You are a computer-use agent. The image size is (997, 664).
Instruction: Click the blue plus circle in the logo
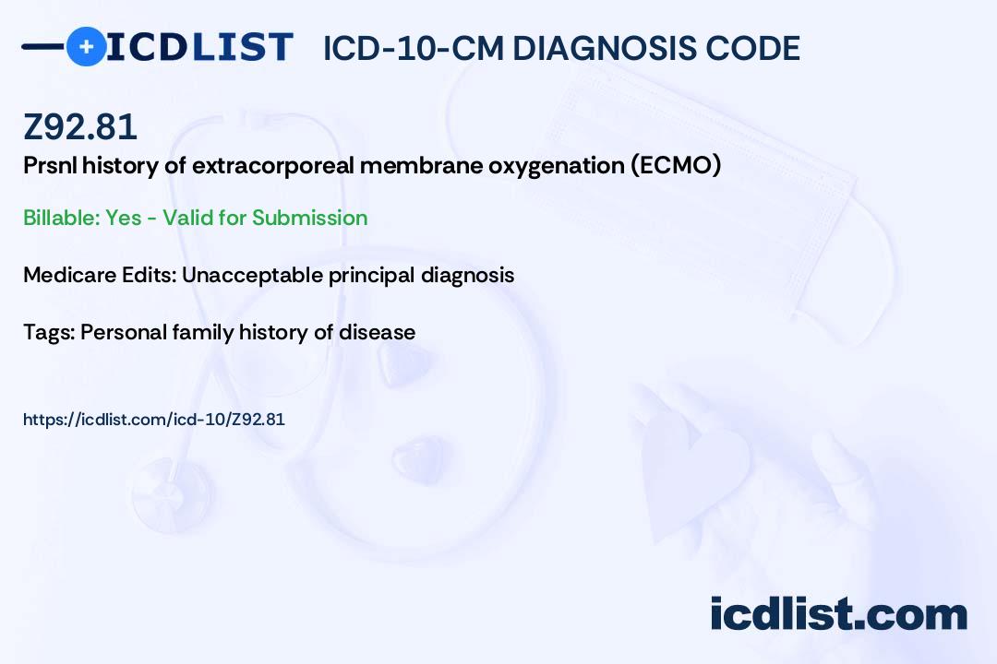tap(86, 46)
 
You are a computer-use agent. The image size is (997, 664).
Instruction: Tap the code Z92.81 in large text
tap(80, 126)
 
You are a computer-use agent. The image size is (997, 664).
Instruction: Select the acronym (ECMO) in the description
tap(676, 165)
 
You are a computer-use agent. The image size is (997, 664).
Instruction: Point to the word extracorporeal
tap(273, 166)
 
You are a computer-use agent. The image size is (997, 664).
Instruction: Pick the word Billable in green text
tap(61, 218)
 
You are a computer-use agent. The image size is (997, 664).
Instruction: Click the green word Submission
tap(309, 218)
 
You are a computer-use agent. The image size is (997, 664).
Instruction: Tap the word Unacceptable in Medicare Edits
tap(252, 275)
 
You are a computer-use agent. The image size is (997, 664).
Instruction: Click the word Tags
tap(48, 332)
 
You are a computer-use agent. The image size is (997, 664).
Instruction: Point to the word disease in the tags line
tap(377, 332)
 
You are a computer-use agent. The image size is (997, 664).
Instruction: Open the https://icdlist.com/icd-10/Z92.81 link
tap(154, 420)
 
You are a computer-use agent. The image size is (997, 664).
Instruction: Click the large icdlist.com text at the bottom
tap(838, 614)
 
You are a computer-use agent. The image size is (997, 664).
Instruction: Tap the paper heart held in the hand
tap(696, 471)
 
